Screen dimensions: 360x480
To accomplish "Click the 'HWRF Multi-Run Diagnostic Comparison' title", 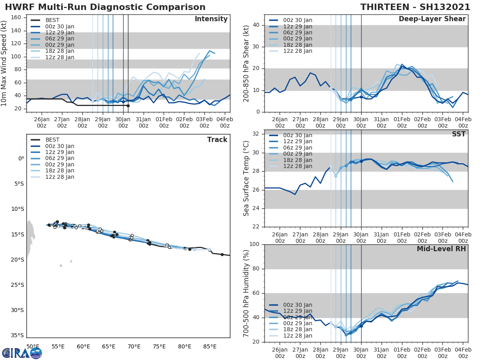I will pos(105,7).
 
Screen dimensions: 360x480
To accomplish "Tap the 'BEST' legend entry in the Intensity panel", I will pos(52,20).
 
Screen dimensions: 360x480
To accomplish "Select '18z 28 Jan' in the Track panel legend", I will pos(60,171).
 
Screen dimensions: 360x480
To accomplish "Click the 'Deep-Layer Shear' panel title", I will pos(432,19).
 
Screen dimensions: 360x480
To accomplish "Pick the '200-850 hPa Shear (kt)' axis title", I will pos(246,63).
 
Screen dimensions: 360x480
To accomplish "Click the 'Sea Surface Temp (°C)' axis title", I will pos(246,178).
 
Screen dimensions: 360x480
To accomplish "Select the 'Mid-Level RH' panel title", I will pos(441,249).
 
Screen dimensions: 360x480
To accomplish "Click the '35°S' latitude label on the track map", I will pos(18,335).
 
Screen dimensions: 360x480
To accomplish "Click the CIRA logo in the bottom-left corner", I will pos(22,353).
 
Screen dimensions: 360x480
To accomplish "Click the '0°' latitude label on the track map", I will pos(21,158).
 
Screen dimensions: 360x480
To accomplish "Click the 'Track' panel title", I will pos(217,140).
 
